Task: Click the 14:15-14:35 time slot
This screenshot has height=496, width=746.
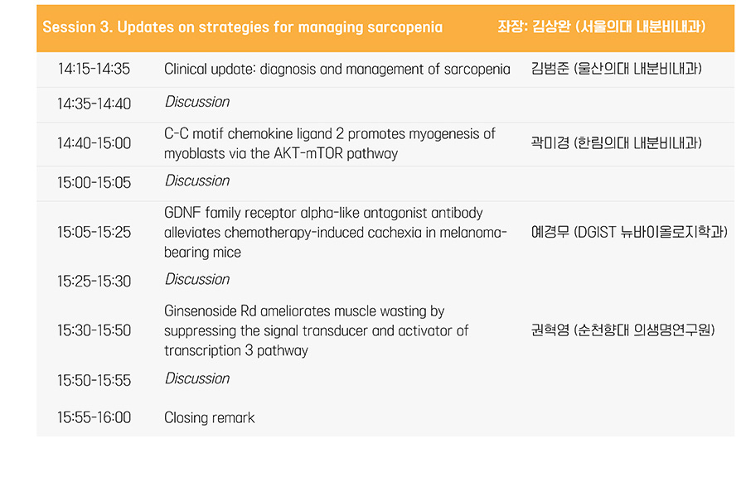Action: (x=94, y=69)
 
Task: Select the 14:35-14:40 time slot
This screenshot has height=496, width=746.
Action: (x=94, y=104)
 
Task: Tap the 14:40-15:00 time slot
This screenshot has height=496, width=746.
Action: (x=94, y=143)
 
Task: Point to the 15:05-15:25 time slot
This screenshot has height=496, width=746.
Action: (x=94, y=232)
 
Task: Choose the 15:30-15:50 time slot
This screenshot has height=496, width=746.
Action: (x=94, y=330)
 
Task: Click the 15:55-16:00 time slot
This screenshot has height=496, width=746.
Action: (x=94, y=417)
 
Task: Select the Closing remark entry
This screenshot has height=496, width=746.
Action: (x=210, y=417)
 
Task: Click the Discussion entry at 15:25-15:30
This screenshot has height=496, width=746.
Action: (x=197, y=279)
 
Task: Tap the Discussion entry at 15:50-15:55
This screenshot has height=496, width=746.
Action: (x=197, y=378)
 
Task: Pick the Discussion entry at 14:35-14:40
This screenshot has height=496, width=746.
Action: (x=197, y=102)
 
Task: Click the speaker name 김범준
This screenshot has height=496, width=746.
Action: (x=550, y=69)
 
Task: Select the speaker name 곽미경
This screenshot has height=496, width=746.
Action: (x=550, y=142)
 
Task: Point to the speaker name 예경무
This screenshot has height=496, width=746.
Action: (x=550, y=232)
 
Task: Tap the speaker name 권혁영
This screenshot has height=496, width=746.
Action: (x=550, y=330)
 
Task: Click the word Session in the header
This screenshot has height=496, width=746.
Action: (x=69, y=27)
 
